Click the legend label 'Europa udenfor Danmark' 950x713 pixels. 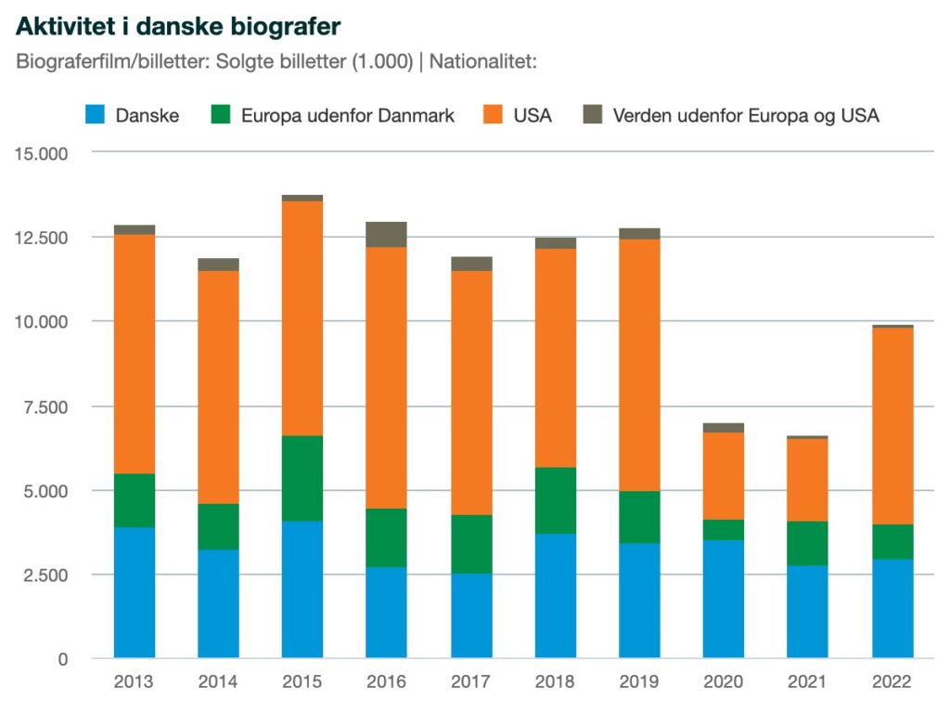pyautogui.click(x=347, y=115)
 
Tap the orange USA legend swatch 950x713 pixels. pyautogui.click(x=494, y=115)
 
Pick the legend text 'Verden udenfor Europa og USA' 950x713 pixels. pyautogui.click(x=746, y=115)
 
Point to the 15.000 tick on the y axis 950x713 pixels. pyautogui.click(x=42, y=153)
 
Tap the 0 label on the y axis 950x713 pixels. pyautogui.click(x=61, y=659)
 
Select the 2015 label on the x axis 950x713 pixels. pyautogui.click(x=302, y=682)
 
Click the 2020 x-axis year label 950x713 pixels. pyautogui.click(x=723, y=682)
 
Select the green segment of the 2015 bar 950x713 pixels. pyautogui.click(x=302, y=478)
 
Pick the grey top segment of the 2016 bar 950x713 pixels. pyautogui.click(x=386, y=234)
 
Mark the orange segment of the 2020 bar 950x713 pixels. pyautogui.click(x=723, y=475)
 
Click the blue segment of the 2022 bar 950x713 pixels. pyautogui.click(x=892, y=608)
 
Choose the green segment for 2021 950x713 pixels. pyautogui.click(x=807, y=543)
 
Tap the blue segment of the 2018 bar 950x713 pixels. pyautogui.click(x=555, y=595)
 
